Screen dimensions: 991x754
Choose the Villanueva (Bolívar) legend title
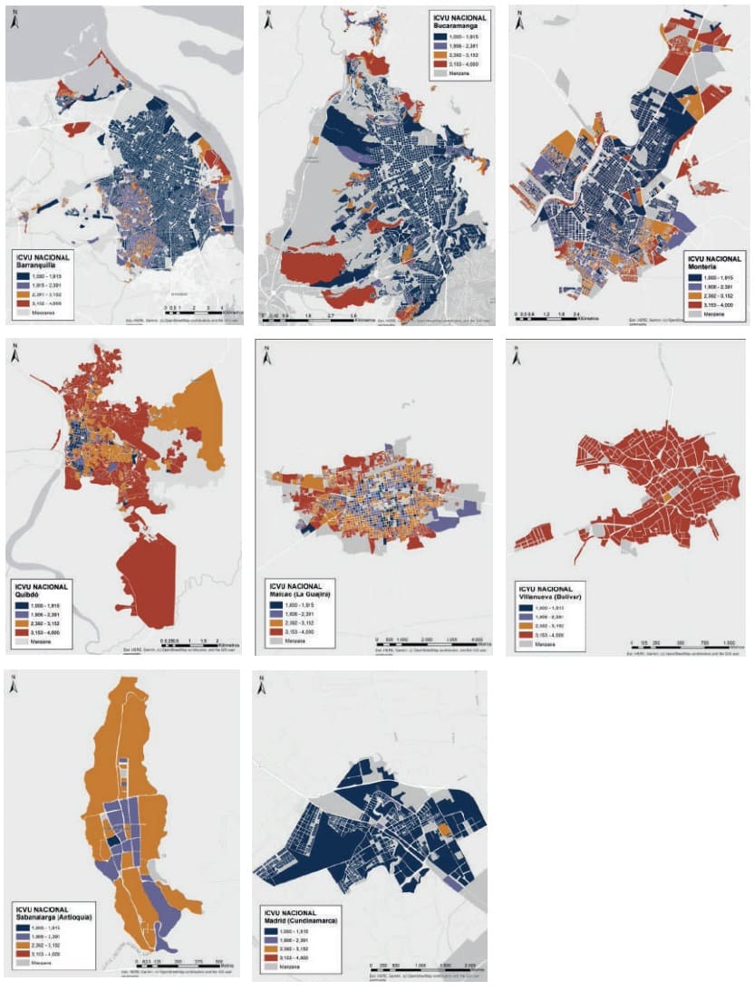(x=554, y=596)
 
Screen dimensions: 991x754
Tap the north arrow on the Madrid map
(x=263, y=687)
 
